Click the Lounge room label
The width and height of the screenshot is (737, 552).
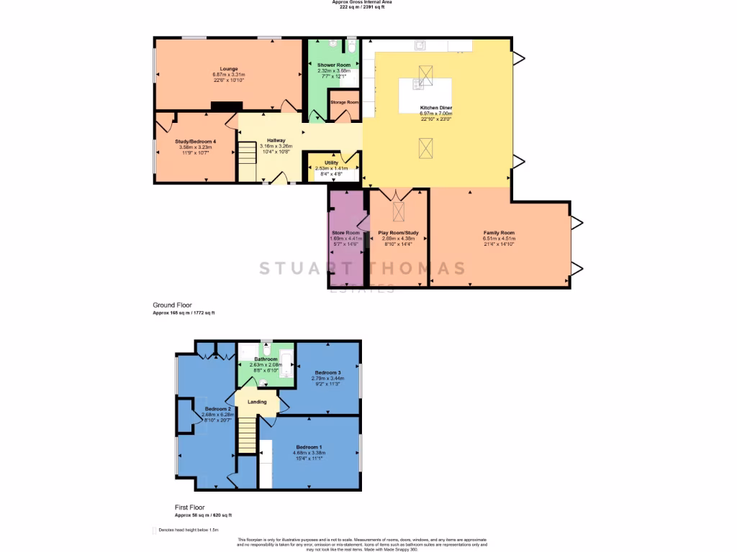coord(228,69)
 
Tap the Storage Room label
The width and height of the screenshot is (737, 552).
coord(344,102)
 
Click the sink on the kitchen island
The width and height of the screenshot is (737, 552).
coord(417,84)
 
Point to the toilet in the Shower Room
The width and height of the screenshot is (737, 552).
coord(351,46)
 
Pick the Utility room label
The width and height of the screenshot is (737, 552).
coord(331,163)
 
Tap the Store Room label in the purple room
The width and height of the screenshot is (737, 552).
coord(344,233)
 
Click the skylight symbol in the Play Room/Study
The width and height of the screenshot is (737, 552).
coord(398,211)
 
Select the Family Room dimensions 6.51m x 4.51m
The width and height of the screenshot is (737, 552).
coord(499,239)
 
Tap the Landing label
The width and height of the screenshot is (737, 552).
coord(257,402)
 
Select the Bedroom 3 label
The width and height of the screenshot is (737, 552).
coord(327,372)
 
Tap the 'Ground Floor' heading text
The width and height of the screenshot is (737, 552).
coord(172,305)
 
